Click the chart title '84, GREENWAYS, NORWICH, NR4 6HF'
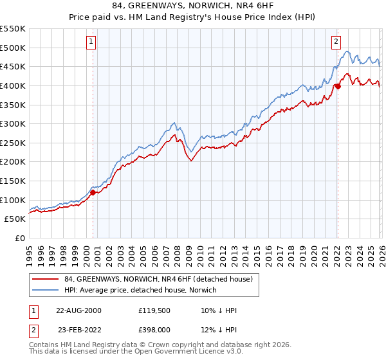pos(192,7)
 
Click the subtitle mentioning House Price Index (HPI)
pos(192,18)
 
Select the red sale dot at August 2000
pos(93,192)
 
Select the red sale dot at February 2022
pos(338,86)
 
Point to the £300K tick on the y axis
pos(13,123)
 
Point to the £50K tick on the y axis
pos(15,219)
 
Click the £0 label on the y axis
pos(21,238)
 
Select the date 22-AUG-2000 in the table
pos(78,310)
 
